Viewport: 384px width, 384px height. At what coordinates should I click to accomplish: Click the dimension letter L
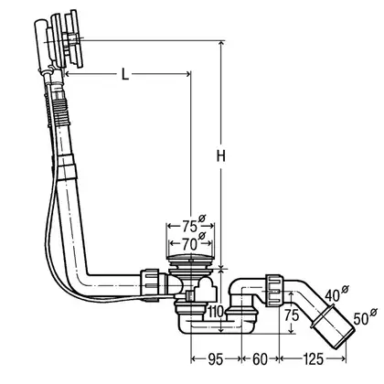click(125, 74)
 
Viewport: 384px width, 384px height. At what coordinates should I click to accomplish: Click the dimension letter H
click(221, 156)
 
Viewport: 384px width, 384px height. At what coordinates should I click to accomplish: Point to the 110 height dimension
click(216, 312)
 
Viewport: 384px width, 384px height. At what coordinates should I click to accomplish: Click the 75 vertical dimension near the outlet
click(292, 315)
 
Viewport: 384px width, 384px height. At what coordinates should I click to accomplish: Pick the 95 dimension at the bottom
click(216, 359)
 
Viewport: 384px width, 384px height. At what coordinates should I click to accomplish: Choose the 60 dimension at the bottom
click(260, 359)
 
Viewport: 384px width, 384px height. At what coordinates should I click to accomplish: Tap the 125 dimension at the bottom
click(313, 359)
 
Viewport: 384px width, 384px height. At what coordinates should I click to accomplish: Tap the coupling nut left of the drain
click(150, 283)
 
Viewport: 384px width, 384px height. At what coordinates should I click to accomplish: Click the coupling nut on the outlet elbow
click(274, 291)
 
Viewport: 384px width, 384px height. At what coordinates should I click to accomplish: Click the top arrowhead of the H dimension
click(221, 44)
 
